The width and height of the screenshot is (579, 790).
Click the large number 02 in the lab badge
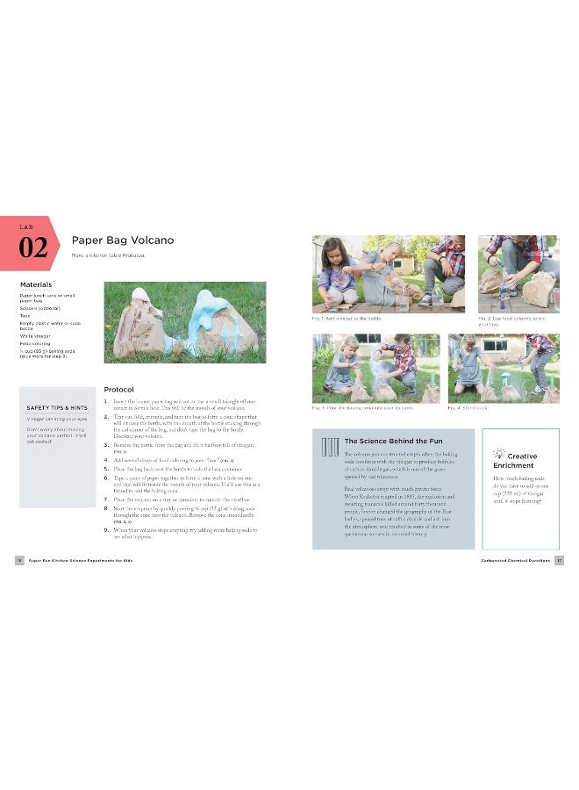pyautogui.click(x=32, y=247)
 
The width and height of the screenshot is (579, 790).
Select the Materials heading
pyautogui.click(x=36, y=284)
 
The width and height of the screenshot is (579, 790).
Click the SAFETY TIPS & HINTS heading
pyautogui.click(x=56, y=407)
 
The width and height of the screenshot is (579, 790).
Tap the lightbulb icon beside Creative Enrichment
pyautogui.click(x=499, y=453)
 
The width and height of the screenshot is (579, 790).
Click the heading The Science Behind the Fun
pyautogui.click(x=387, y=441)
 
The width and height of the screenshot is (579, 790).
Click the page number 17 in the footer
pyautogui.click(x=559, y=560)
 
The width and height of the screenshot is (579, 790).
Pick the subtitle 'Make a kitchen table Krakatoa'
pyautogui.click(x=108, y=255)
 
